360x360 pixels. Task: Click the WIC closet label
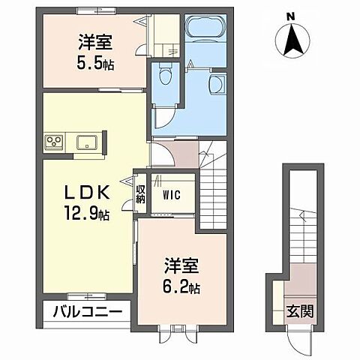coord(172,194)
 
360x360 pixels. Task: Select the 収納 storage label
coord(139,193)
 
